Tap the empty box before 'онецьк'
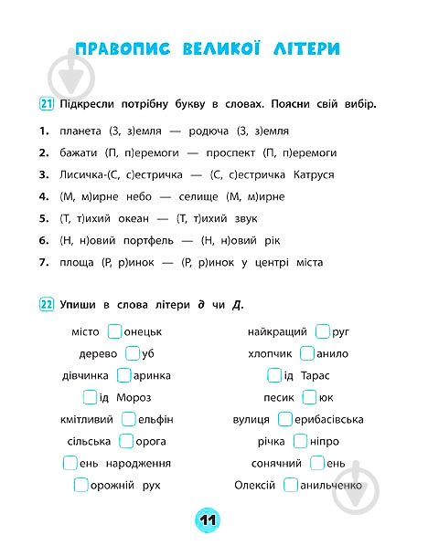click(114, 331)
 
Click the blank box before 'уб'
click(133, 353)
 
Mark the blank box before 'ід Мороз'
click(90, 397)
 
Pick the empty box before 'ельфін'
click(128, 419)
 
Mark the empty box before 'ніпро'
click(300, 441)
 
